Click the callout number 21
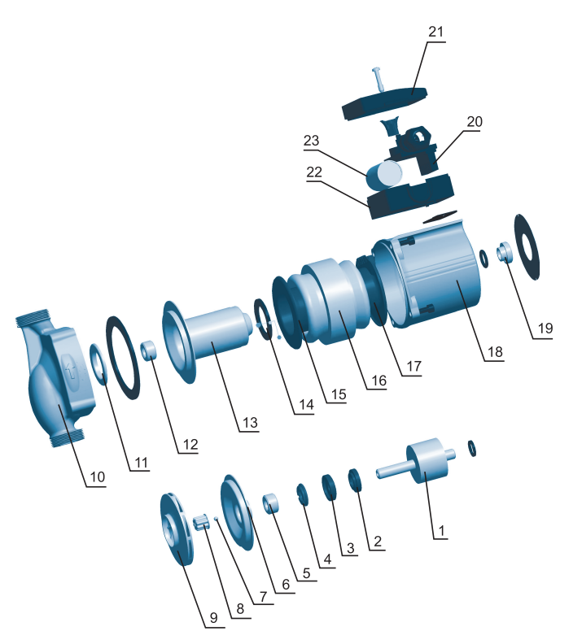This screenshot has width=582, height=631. (435, 32)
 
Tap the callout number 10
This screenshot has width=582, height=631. (97, 477)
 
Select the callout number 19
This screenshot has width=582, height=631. (545, 329)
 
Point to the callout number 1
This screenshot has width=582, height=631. (441, 531)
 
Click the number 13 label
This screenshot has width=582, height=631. (250, 423)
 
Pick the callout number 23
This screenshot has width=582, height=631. (311, 141)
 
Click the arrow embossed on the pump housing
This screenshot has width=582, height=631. (72, 369)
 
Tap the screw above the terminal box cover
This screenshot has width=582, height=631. (379, 78)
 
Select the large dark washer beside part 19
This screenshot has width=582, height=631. (527, 246)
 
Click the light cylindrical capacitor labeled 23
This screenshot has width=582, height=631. (384, 176)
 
